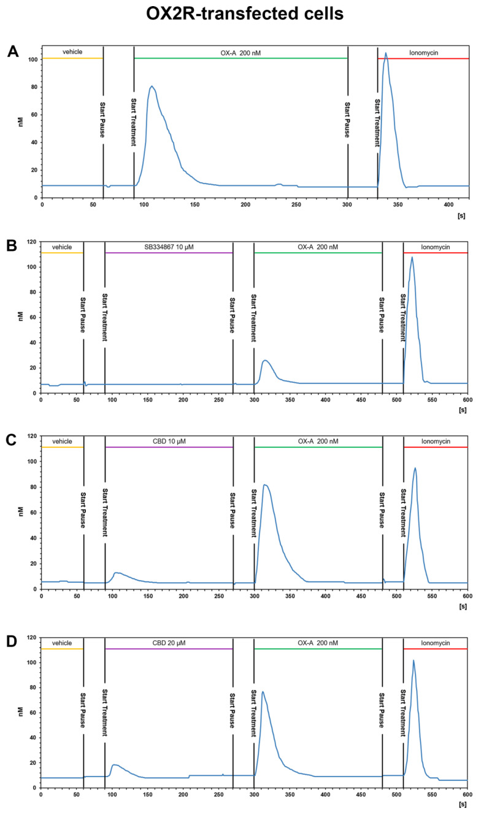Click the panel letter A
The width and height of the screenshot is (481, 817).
coord(12,52)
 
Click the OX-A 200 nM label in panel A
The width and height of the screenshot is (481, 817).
coord(240,52)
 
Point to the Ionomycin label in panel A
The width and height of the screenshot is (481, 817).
coord(423,52)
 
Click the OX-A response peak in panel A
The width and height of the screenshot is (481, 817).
coord(152,86)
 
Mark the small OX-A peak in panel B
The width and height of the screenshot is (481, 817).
coord(265,360)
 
